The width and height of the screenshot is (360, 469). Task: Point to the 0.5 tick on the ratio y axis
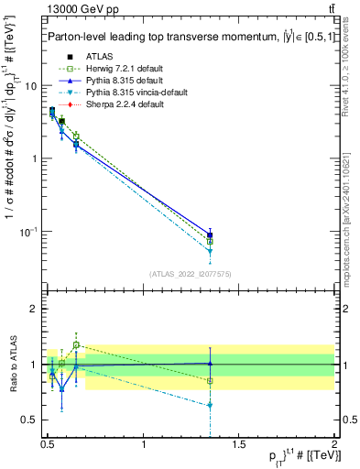[x=28, y=420]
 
